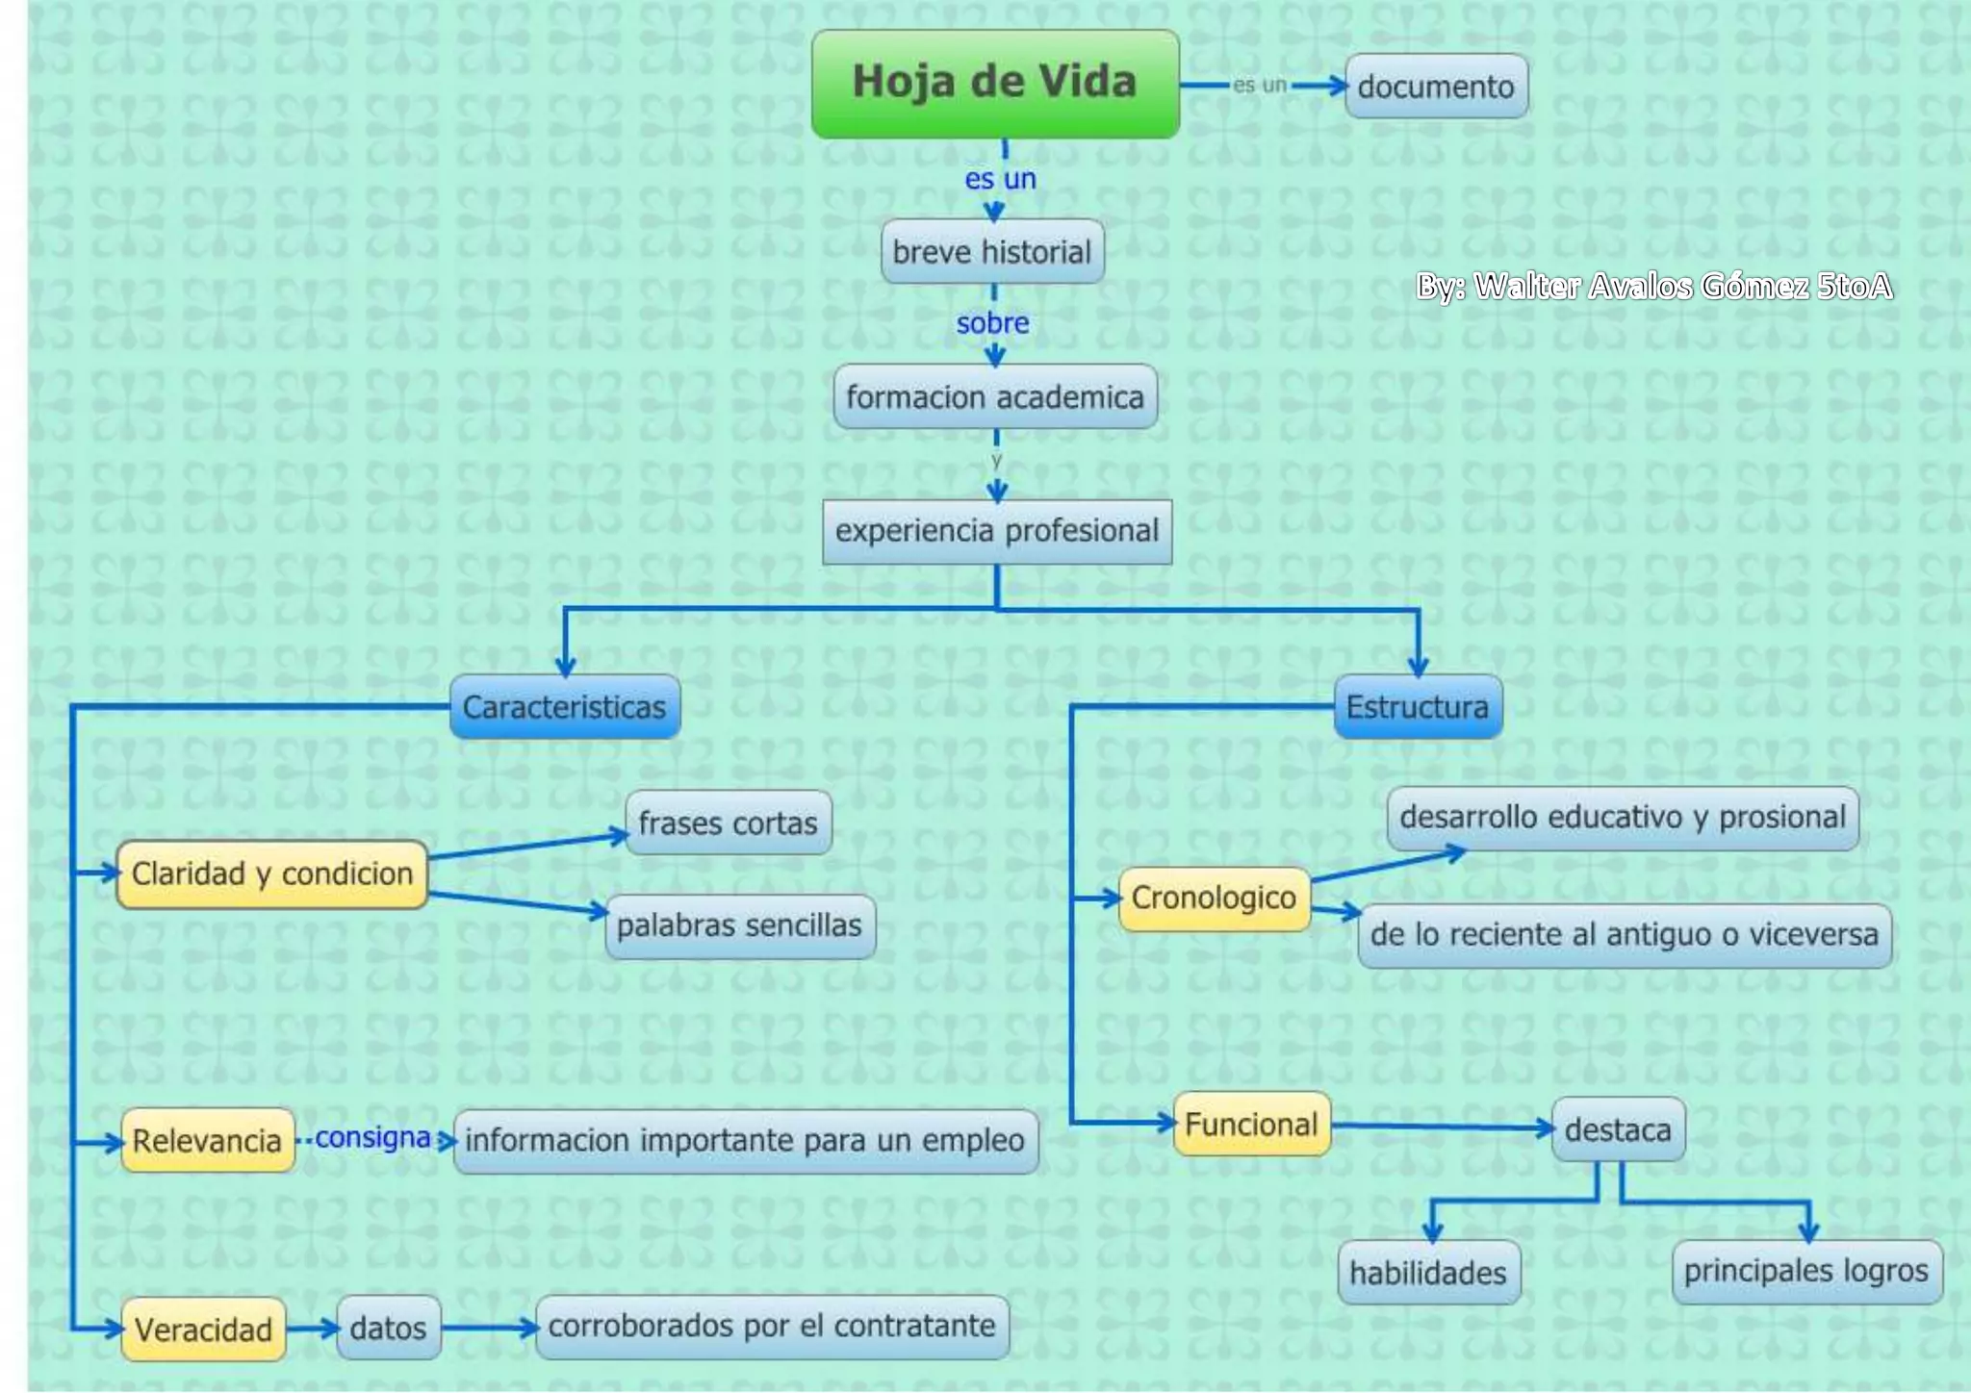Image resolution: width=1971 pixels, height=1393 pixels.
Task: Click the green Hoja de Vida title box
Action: pos(995,84)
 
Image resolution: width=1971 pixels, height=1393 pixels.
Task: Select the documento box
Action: pos(1436,87)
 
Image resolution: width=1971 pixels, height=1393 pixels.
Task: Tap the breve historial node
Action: pos(992,252)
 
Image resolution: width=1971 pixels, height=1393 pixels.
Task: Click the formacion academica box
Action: pos(995,396)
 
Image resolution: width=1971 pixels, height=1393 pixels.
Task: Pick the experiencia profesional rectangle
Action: pos(997,531)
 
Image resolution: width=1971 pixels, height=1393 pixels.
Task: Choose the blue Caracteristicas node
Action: pos(565,707)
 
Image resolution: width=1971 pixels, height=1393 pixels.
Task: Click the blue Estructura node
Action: pos(1418,707)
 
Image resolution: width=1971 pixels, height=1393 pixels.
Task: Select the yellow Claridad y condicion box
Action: pos(272,874)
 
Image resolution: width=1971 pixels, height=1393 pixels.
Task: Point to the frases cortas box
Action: pos(729,823)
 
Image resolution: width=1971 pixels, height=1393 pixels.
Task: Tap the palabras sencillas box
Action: pos(740,926)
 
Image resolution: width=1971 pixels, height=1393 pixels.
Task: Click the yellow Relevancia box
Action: pos(208,1141)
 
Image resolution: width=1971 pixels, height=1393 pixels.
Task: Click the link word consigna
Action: pos(372,1137)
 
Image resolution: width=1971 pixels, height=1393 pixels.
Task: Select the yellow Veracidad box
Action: pos(204,1330)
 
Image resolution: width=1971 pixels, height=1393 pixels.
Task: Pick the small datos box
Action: pos(389,1329)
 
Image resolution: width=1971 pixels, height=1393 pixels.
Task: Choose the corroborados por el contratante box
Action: pos(772,1327)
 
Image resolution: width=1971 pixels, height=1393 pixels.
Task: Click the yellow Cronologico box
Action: pos(1215,899)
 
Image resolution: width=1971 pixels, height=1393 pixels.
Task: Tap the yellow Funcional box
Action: pos(1252,1124)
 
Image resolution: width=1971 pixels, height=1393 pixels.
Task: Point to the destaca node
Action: pos(1619,1129)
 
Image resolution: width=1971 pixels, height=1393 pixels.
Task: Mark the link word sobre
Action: pos(993,323)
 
